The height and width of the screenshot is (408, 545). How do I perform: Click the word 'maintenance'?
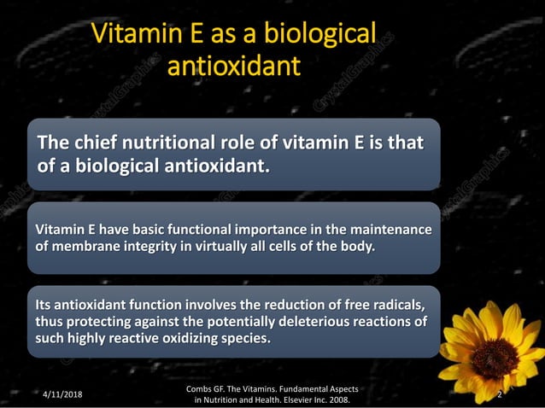390,230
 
